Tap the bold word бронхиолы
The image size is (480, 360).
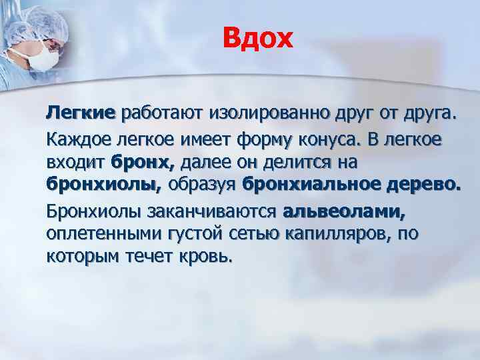pos(105,182)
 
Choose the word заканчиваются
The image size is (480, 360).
pos(218,213)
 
